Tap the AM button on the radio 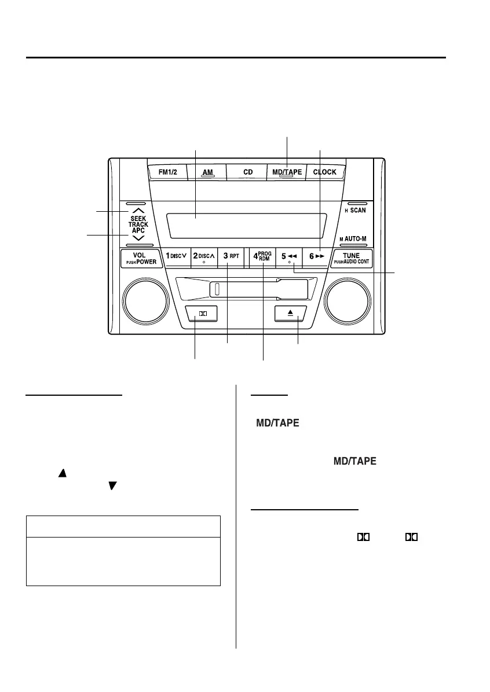tap(207, 172)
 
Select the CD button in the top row tap(248, 172)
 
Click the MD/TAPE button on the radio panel tap(287, 172)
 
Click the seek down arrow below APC tap(138, 238)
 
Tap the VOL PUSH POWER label tap(140, 258)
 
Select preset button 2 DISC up tap(204, 256)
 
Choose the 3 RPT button tap(231, 256)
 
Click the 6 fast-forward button tap(316, 256)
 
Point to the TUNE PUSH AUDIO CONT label tap(352, 258)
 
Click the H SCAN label tap(355, 211)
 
